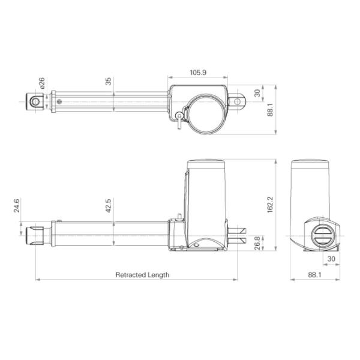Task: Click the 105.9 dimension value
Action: (197, 73)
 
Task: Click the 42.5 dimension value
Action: (109, 206)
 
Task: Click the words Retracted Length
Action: (142, 275)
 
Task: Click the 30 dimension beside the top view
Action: (257, 93)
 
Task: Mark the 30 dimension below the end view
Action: (331, 259)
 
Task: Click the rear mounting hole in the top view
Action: (237, 103)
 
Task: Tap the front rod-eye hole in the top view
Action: (35, 103)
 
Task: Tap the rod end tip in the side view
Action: (34, 235)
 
